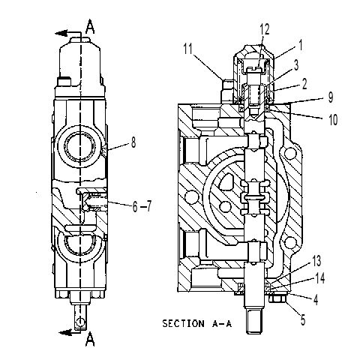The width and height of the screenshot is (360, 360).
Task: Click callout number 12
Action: tap(265, 29)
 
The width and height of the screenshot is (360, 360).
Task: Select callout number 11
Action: tap(188, 49)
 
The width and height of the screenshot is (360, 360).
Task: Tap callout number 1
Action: tap(301, 45)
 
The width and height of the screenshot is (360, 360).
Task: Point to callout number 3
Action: tap(296, 64)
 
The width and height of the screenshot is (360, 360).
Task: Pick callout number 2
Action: tap(304, 84)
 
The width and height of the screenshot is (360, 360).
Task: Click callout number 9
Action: tap(331, 97)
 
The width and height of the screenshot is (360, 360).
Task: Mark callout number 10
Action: tap(333, 119)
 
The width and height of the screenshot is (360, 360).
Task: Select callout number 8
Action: tap(133, 142)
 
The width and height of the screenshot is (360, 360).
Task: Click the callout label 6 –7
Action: tap(142, 206)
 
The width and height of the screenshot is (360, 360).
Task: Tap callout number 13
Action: tap(316, 261)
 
